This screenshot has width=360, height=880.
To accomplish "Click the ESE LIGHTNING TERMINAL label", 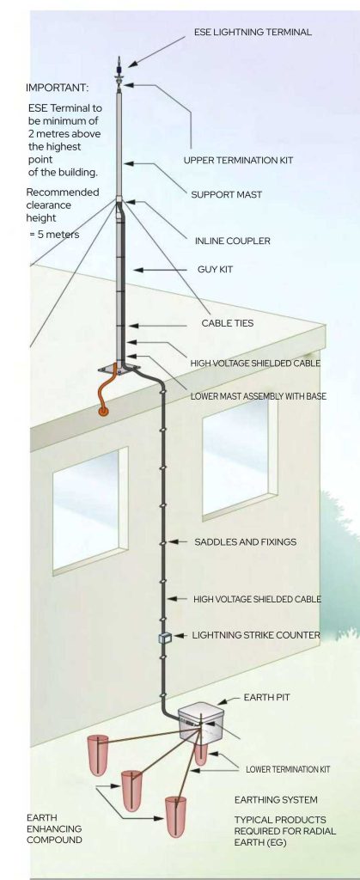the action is pos(253,33).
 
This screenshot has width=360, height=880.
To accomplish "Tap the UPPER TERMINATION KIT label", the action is pos(238,161).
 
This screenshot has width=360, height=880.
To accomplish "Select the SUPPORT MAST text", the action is pos(227,195).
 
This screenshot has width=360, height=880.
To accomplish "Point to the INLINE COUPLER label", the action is pos(233,241).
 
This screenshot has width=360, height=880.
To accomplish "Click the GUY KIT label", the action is pos(215,270).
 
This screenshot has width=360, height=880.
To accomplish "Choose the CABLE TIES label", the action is pos(228,323).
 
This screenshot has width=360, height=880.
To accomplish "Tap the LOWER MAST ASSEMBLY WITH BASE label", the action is pos(259,396).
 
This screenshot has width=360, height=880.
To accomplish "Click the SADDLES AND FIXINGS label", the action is pos(246,542).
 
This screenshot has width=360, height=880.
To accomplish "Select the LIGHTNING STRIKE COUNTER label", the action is pos(256,635).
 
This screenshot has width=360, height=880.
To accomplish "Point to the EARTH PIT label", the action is pos(267,698).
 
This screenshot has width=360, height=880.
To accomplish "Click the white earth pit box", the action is pos(197,721).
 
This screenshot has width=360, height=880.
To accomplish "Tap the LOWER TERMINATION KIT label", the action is pos(288,769).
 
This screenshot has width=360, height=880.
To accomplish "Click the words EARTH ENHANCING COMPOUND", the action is pos(54,828).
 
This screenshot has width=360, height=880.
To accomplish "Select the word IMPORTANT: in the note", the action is pos(58,89).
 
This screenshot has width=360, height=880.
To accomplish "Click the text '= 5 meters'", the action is pos(54,235).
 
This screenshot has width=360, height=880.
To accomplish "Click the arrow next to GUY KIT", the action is pos(162,270).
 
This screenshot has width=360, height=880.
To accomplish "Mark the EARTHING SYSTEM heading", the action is pos(276,800).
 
